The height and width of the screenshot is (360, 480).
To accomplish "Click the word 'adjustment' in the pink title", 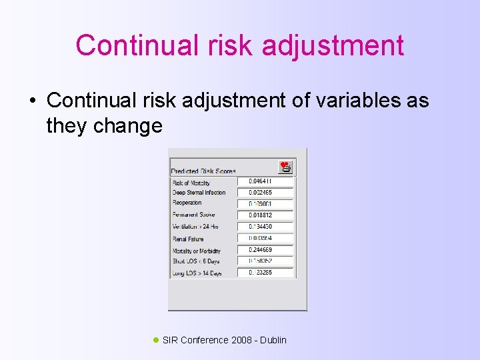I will [333, 46].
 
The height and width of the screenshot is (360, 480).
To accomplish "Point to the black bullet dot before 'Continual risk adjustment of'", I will [32, 101].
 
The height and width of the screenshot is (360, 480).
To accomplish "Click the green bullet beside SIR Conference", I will [156, 340].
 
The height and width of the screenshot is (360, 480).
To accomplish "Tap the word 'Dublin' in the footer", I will [273, 340].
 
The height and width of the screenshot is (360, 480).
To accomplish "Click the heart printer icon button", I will [285, 167].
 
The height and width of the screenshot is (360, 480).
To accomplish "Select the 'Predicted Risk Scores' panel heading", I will [203, 171].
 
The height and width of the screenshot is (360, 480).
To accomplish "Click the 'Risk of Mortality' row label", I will [191, 183].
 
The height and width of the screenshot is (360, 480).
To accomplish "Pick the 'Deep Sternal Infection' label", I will [199, 193].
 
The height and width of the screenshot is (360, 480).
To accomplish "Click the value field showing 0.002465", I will [265, 192].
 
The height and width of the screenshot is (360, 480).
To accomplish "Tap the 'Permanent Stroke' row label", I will [193, 215].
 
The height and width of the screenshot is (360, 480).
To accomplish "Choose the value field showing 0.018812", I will [265, 215].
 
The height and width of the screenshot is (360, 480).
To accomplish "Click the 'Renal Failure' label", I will [189, 238].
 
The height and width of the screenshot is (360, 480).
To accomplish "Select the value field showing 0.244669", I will [265, 250].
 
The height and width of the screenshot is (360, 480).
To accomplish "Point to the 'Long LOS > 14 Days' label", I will [197, 273].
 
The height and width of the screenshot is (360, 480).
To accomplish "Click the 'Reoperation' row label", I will [187, 203].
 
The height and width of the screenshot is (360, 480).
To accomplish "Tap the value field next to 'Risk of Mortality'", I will [265, 181].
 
